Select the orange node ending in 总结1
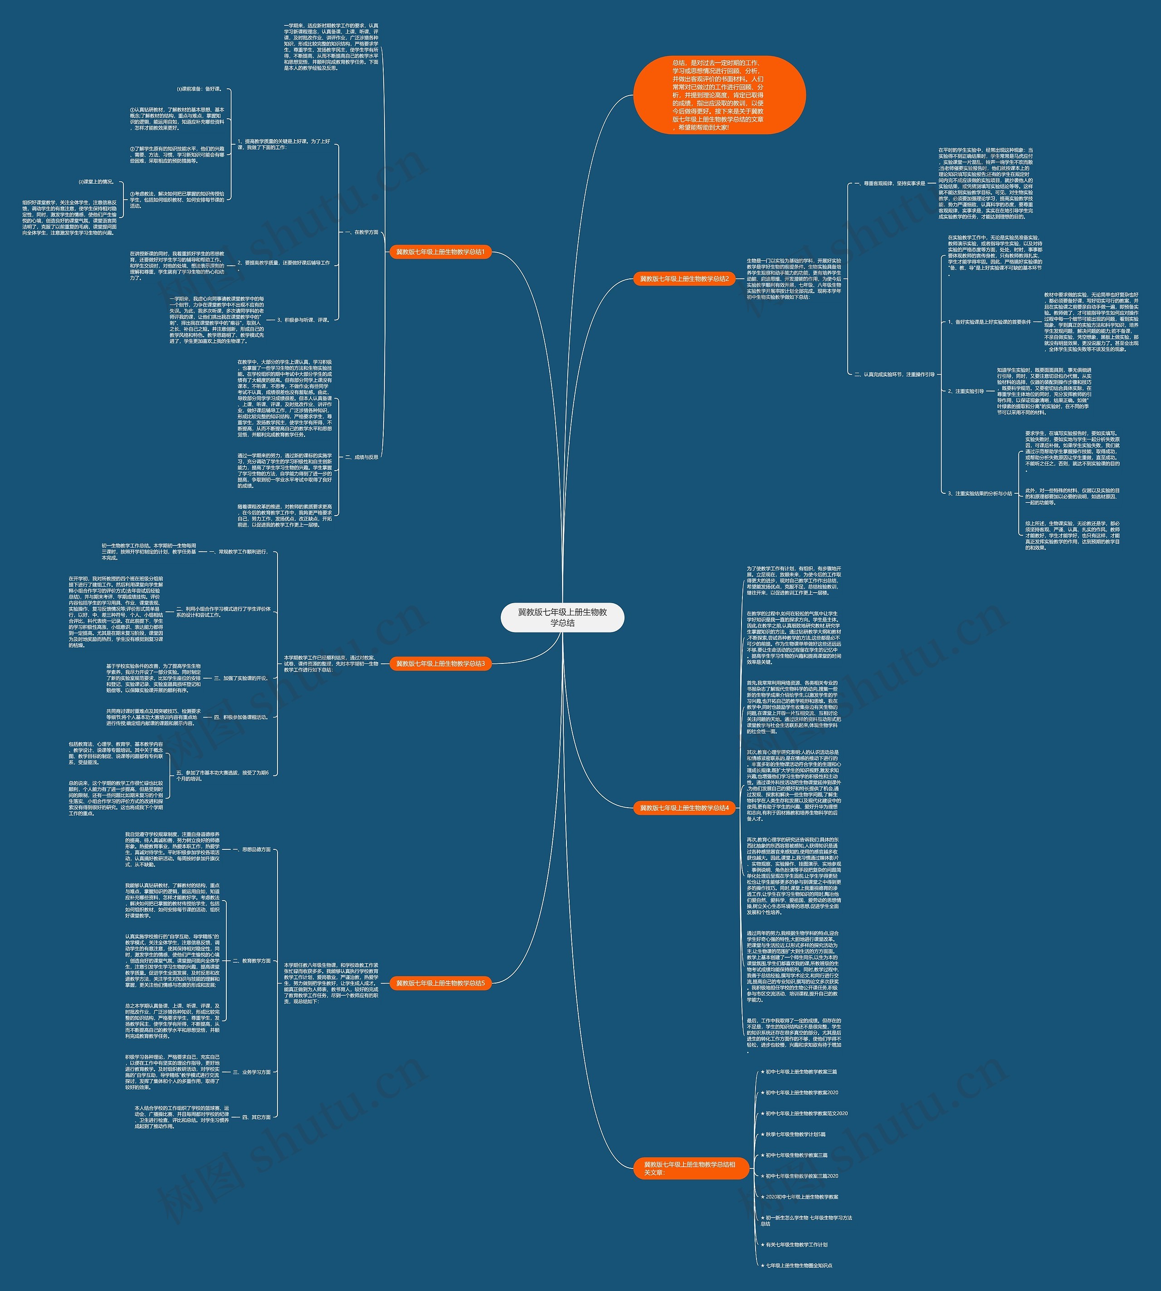[x=440, y=252]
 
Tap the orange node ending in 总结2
[x=684, y=279]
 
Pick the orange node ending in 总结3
[x=440, y=663]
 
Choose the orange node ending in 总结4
[x=684, y=808]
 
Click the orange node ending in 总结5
[x=440, y=983]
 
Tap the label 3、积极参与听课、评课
[x=304, y=320]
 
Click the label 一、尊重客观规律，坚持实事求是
[x=890, y=183]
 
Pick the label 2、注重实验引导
[x=966, y=391]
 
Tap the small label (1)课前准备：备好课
[x=200, y=89]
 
